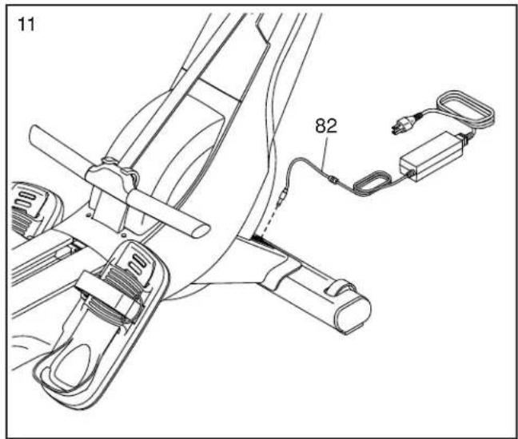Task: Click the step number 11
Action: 26,25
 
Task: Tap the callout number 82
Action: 326,126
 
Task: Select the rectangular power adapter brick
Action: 432,156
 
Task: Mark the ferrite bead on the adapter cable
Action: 333,180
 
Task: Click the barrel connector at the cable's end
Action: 282,199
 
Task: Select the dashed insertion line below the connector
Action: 268,223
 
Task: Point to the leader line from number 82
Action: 325,154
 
